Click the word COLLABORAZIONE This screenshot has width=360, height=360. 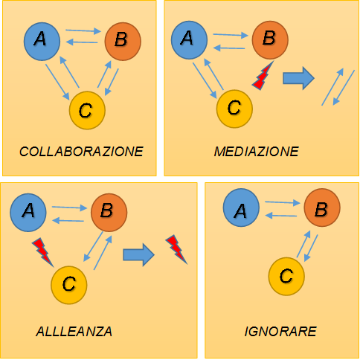[81, 152]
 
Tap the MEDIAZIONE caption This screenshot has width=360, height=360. [257, 152]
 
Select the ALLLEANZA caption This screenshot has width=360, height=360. [74, 332]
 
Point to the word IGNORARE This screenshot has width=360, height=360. [280, 332]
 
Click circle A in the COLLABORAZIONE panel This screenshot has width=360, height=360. [42, 42]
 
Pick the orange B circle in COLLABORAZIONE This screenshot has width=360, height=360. [123, 42]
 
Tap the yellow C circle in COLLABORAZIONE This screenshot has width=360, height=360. [87, 110]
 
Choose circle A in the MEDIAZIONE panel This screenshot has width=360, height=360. [189, 40]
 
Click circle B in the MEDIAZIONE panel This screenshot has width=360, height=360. [270, 40]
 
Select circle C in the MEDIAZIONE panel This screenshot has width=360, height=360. [234, 109]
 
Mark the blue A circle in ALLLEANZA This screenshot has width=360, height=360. [28, 213]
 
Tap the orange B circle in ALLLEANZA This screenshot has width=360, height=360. [109, 213]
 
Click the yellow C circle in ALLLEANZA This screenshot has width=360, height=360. [69, 285]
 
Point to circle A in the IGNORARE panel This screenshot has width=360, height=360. [241, 208]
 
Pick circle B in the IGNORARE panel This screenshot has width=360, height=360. [322, 208]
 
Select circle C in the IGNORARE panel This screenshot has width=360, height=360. [286, 277]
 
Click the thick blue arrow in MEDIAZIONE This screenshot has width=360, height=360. [298, 78]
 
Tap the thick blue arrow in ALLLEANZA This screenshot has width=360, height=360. [138, 254]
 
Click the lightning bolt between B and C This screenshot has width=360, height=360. [262, 77]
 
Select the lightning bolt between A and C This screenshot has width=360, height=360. [42, 251]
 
